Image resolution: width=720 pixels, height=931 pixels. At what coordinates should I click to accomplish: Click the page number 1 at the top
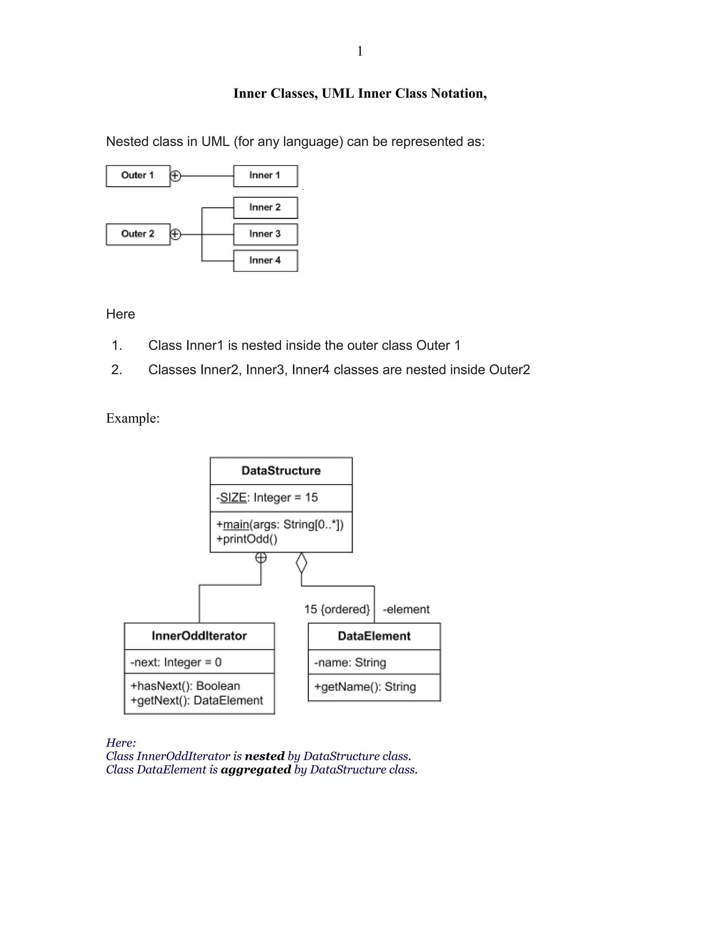click(360, 51)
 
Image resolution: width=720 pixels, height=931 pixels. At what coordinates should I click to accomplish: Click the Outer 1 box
click(138, 176)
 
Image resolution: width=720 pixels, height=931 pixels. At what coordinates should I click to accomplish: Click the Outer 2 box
click(138, 234)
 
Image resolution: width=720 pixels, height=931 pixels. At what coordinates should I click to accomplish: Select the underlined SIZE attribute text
click(233, 497)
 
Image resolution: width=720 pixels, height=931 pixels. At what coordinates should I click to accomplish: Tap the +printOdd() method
click(246, 539)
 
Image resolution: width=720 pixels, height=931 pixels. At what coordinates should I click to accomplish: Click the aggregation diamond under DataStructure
click(301, 563)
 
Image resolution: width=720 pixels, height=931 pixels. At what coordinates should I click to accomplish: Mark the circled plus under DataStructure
click(261, 558)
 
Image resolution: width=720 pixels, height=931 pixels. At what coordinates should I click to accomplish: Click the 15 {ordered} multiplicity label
click(337, 609)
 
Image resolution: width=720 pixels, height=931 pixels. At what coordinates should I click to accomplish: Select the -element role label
click(406, 609)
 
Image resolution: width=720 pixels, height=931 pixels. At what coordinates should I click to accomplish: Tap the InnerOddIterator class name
click(199, 636)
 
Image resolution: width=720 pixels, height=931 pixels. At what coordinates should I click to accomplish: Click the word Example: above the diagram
click(133, 418)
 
